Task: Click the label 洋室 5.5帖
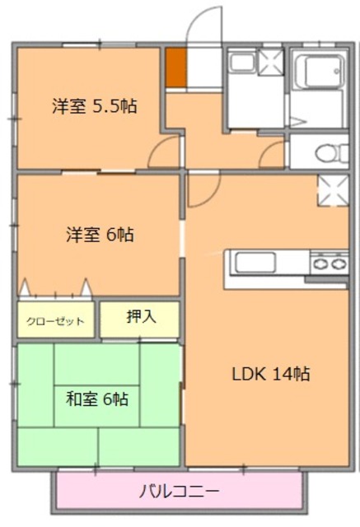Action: click(x=94, y=106)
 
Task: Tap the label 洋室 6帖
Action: click(x=100, y=235)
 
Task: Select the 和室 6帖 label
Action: click(x=96, y=399)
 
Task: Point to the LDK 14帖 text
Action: click(x=269, y=373)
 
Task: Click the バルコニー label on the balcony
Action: click(x=179, y=492)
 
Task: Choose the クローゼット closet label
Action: click(x=56, y=321)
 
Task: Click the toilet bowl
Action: click(x=324, y=152)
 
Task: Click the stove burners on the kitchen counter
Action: click(x=329, y=264)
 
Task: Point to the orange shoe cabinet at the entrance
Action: click(x=175, y=68)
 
